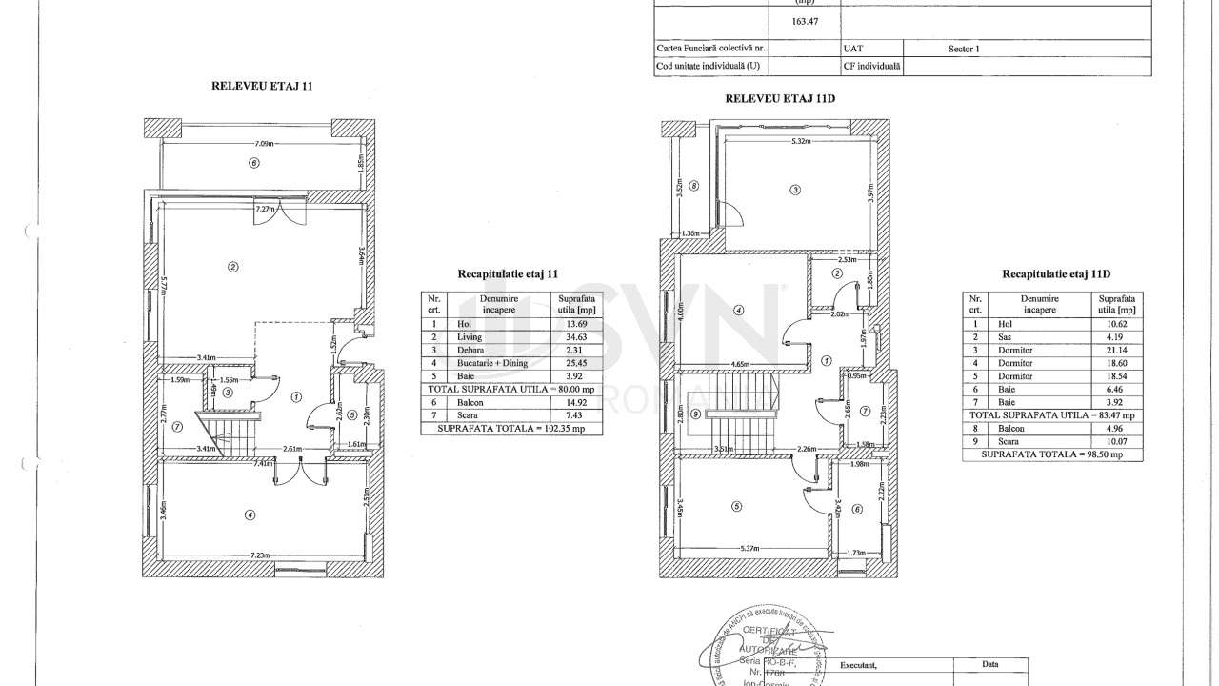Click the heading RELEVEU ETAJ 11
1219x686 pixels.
coord(262,86)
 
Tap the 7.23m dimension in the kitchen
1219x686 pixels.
coord(259,555)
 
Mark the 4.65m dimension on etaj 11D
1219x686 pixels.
coord(734,364)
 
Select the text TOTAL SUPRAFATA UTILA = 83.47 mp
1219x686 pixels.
coord(1053,415)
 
